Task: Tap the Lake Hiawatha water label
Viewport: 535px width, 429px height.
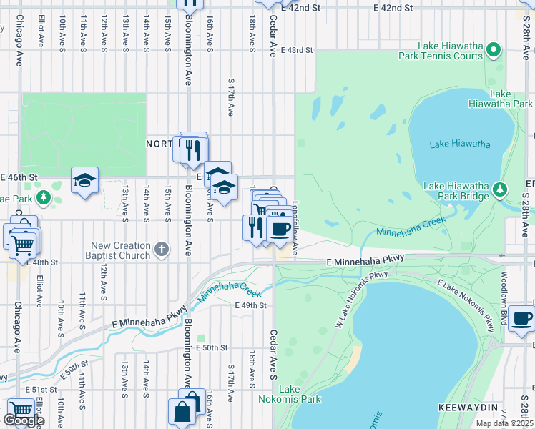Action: tap(460, 144)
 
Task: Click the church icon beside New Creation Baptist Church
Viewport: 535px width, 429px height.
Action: tap(162, 250)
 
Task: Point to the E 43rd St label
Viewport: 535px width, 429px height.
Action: tap(297, 50)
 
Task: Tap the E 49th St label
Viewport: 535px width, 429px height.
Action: tap(250, 305)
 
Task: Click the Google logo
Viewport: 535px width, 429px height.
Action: tap(24, 420)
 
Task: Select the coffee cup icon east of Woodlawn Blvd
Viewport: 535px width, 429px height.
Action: tap(522, 320)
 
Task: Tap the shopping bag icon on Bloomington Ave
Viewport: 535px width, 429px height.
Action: tap(182, 413)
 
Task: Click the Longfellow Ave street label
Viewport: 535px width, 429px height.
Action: tap(295, 222)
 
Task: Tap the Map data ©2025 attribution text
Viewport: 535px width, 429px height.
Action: tap(504, 423)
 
